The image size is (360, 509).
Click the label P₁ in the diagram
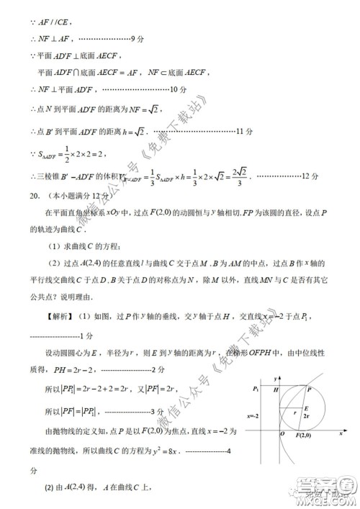click(x=256, y=389)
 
